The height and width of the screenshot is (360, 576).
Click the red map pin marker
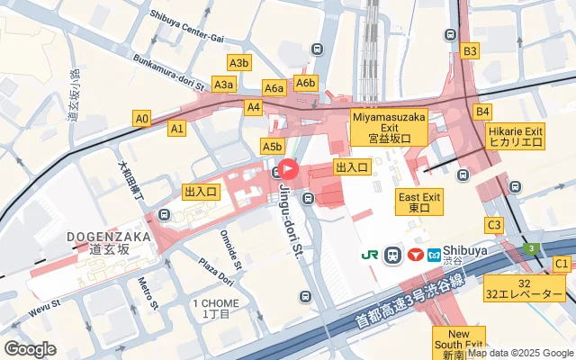pyautogui.click(x=289, y=168)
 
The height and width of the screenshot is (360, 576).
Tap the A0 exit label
pyautogui.click(x=141, y=118)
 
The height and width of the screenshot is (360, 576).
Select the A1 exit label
pyautogui.click(x=177, y=129)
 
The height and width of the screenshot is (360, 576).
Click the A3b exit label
pyautogui.click(x=238, y=63)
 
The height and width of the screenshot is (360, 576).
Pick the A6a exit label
pyautogui.click(x=274, y=87)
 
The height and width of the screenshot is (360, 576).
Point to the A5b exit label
pyautogui.click(x=273, y=146)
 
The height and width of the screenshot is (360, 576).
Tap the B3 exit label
pyautogui.click(x=469, y=51)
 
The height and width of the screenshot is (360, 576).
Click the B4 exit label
pyautogui.click(x=483, y=112)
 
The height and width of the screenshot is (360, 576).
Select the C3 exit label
pyautogui.click(x=493, y=224)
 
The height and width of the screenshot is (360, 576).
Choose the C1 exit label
pyautogui.click(x=562, y=263)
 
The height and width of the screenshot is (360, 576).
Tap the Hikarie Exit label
pyautogui.click(x=516, y=136)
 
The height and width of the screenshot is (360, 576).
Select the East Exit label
pyautogui.click(x=419, y=202)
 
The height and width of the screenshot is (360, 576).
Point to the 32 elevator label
pyautogui.click(x=526, y=287)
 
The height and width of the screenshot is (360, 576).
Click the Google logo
pyautogui.click(x=31, y=348)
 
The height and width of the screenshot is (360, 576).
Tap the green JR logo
pyautogui.click(x=370, y=255)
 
